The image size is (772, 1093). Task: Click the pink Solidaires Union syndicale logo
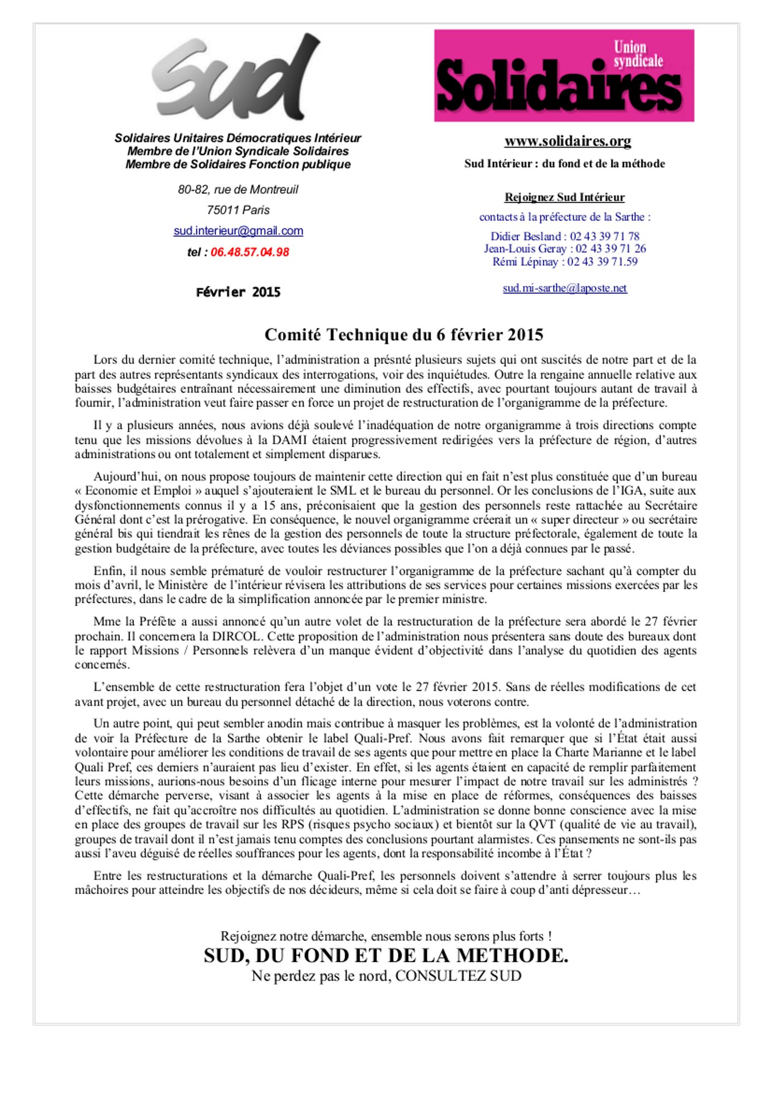click(564, 75)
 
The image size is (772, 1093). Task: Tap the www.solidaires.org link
click(568, 141)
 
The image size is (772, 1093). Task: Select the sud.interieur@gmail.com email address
click(238, 231)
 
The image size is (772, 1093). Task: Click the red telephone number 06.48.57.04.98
click(250, 252)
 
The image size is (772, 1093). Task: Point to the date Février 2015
click(238, 292)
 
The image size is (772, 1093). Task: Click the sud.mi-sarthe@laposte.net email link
click(565, 288)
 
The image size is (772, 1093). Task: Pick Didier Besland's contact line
click(565, 236)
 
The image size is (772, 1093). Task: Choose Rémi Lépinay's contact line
click(565, 262)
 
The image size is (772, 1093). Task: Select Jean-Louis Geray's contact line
click(565, 249)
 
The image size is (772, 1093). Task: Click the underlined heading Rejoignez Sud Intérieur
click(565, 197)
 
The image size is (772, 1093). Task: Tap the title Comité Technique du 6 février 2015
click(404, 334)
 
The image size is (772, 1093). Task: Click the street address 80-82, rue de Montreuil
click(238, 190)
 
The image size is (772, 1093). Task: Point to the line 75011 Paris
click(238, 210)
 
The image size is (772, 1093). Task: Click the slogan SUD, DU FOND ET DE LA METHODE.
click(386, 956)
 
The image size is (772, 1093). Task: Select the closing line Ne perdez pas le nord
click(386, 976)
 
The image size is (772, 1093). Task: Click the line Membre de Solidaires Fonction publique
click(238, 164)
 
